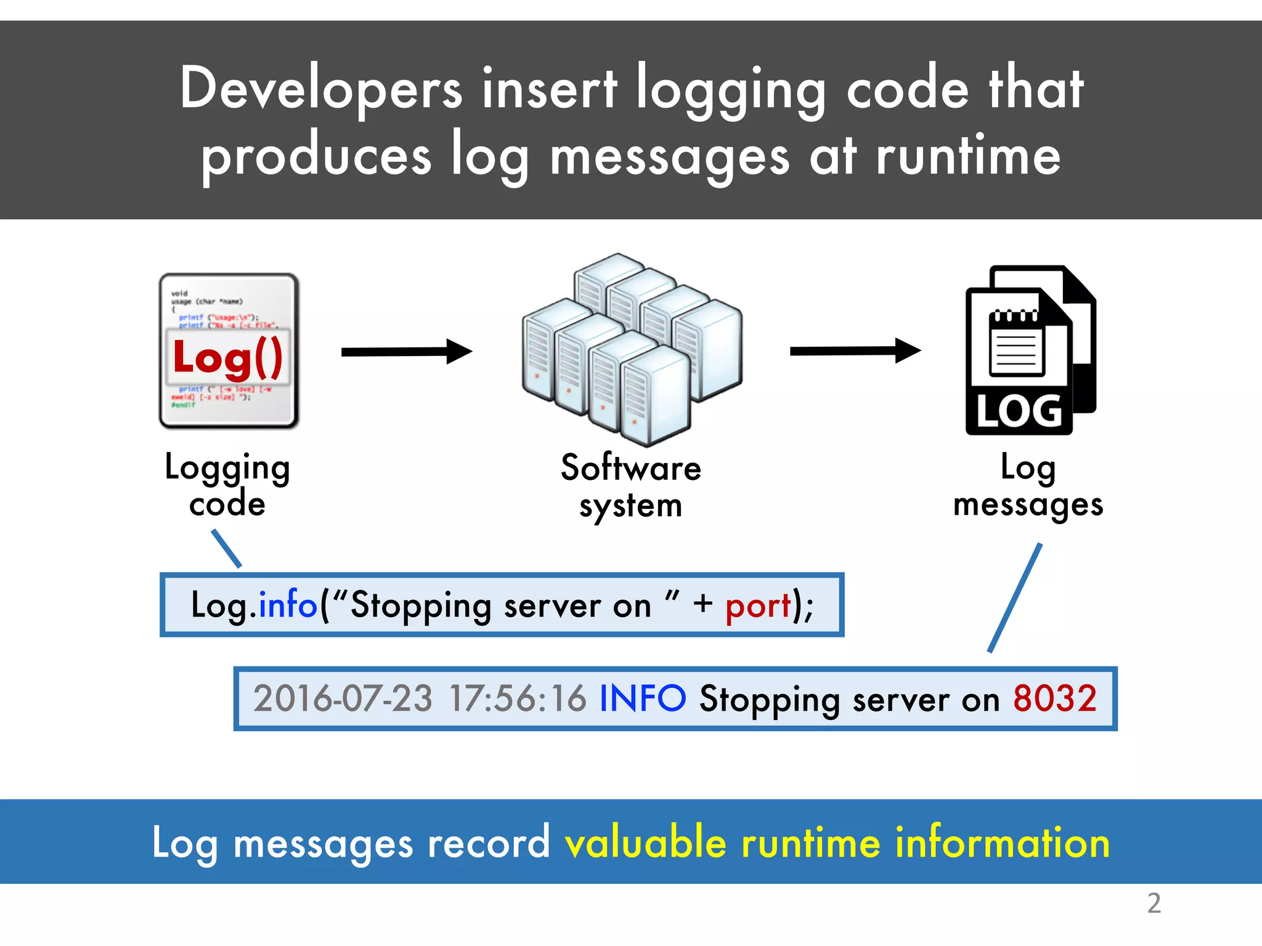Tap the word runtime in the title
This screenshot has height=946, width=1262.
[968, 156]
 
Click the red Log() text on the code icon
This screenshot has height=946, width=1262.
[228, 357]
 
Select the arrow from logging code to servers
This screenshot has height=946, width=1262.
[407, 352]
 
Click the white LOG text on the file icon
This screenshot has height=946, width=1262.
[1019, 411]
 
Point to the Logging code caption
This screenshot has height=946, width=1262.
[227, 485]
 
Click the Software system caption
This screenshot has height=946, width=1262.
[631, 487]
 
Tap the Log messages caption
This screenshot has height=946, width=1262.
[1028, 487]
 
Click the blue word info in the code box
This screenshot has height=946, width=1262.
[287, 605]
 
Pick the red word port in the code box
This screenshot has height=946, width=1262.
[758, 606]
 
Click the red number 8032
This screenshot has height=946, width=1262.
[1055, 698]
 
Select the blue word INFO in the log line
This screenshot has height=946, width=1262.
[642, 698]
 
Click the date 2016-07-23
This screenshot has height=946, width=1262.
[343, 699]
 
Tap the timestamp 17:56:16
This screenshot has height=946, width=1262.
[518, 699]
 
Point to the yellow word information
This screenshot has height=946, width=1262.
[1002, 843]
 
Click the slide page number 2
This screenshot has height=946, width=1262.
[1154, 904]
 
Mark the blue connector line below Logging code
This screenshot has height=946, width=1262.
[226, 548]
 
